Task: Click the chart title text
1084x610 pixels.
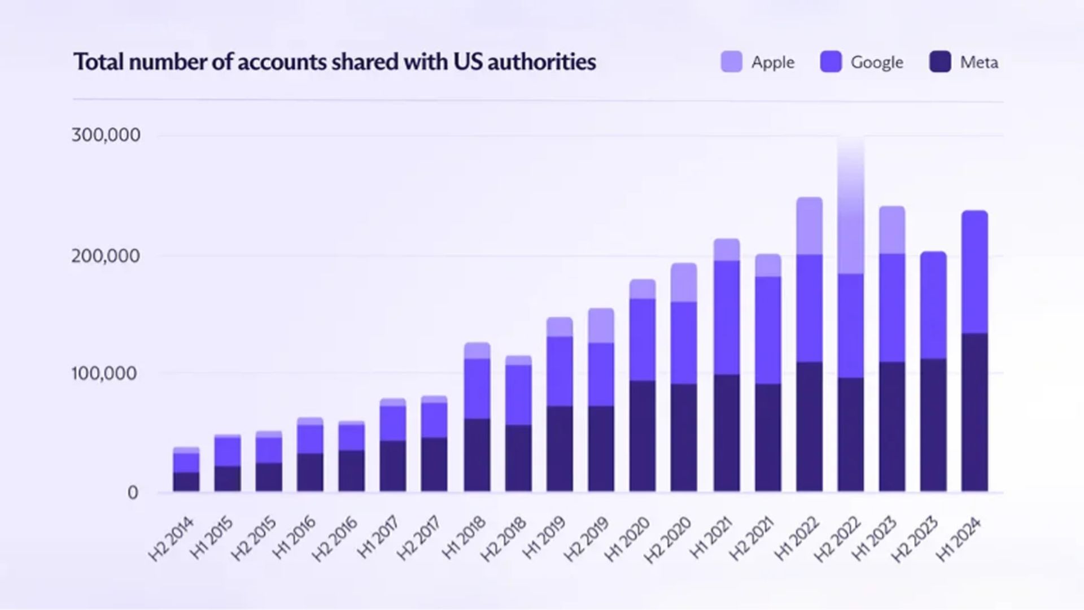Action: pyautogui.click(x=335, y=62)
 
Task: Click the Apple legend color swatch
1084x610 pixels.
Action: pyautogui.click(x=732, y=62)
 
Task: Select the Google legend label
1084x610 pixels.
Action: pyautogui.click(x=877, y=62)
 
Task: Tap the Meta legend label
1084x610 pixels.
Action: pyautogui.click(x=979, y=62)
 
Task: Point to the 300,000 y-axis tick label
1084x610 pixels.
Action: pyautogui.click(x=106, y=135)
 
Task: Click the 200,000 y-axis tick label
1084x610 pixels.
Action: pyautogui.click(x=106, y=256)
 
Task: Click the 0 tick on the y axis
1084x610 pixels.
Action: pyautogui.click(x=133, y=493)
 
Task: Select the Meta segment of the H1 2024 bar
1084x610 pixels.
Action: pyautogui.click(x=974, y=412)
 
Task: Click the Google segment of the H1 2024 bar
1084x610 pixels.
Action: pyautogui.click(x=974, y=272)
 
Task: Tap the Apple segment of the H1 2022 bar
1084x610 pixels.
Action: pyautogui.click(x=810, y=226)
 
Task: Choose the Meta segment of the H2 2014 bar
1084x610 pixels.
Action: pyautogui.click(x=186, y=481)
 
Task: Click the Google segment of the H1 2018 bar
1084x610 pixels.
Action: pyautogui.click(x=477, y=389)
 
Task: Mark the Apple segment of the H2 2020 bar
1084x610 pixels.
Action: pyautogui.click(x=684, y=282)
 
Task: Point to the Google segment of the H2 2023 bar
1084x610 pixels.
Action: pyautogui.click(x=933, y=305)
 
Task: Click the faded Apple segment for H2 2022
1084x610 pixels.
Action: pyautogui.click(x=851, y=215)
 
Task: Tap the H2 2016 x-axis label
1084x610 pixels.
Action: pyautogui.click(x=335, y=539)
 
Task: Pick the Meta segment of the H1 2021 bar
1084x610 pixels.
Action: pyautogui.click(x=727, y=433)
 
